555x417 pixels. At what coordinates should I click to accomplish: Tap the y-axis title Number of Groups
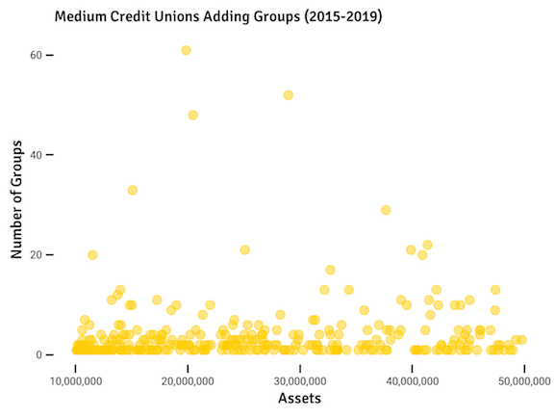tap(16, 204)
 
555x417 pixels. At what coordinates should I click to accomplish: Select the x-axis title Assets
tap(299, 398)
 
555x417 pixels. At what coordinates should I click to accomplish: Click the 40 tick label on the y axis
tap(37, 155)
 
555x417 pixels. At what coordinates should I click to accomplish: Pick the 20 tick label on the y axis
tap(37, 255)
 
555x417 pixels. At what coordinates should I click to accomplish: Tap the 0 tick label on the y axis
tap(39, 355)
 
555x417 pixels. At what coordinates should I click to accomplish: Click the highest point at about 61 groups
tap(186, 50)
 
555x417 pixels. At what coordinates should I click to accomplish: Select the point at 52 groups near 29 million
tap(288, 95)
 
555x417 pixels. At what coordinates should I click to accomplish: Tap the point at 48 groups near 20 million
tap(192, 115)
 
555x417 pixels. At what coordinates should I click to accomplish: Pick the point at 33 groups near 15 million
tap(132, 190)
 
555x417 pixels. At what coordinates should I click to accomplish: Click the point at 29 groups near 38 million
tap(386, 210)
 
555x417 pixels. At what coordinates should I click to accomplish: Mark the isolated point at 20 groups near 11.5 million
tap(92, 255)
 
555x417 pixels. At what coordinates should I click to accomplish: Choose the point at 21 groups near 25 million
tap(244, 250)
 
